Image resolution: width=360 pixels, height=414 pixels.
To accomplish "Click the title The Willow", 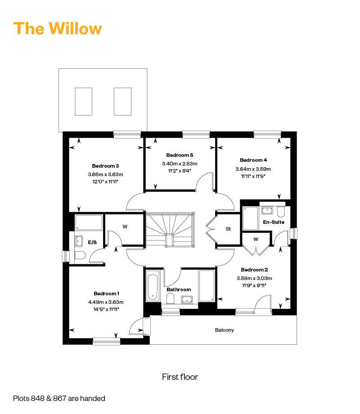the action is pyautogui.click(x=57, y=28).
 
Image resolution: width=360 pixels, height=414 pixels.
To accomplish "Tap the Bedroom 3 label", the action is pyautogui.click(x=105, y=166).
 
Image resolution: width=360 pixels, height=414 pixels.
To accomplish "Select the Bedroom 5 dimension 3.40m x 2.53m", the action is pyautogui.click(x=180, y=164).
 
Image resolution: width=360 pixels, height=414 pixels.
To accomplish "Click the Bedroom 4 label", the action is pyautogui.click(x=253, y=160).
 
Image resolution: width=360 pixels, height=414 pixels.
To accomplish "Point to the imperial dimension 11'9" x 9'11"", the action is pyautogui.click(x=254, y=285).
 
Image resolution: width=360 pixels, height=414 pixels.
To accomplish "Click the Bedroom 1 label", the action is pyautogui.click(x=106, y=294).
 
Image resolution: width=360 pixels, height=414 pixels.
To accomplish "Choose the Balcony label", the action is pyautogui.click(x=225, y=330).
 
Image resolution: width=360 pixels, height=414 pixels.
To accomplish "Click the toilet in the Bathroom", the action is pyautogui.click(x=171, y=298).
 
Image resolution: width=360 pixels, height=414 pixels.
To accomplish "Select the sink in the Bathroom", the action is pyautogui.click(x=187, y=300).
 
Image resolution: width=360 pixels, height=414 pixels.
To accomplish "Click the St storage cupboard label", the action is pyautogui.click(x=228, y=229).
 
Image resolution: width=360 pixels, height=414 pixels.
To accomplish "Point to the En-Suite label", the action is pyautogui.click(x=274, y=222).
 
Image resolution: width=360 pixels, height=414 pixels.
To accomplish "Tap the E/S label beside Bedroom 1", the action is pyautogui.click(x=92, y=242).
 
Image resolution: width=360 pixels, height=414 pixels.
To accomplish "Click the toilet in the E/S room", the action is pyautogui.click(x=80, y=255).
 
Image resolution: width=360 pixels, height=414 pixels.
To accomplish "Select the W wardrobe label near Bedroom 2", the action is pyautogui.click(x=256, y=239).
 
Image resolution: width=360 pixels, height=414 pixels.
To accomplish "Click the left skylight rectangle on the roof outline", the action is pyautogui.click(x=84, y=102).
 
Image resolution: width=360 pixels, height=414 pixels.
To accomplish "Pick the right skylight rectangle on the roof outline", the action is pyautogui.click(x=123, y=102).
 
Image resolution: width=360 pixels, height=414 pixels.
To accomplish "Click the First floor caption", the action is pyautogui.click(x=180, y=377).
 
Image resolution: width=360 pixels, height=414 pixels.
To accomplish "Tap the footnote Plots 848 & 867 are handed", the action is pyautogui.click(x=59, y=398).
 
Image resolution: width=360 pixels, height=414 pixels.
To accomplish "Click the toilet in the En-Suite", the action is pyautogui.click(x=281, y=212).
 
